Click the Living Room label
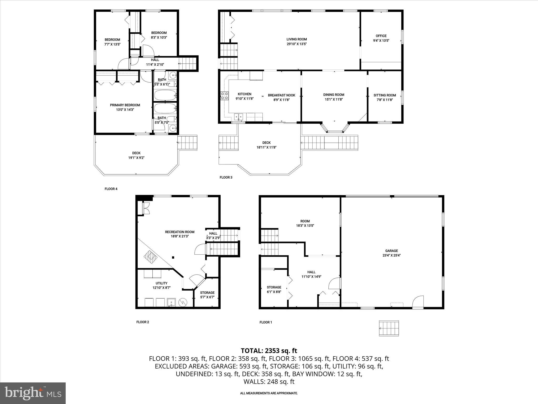pyautogui.click(x=297, y=39)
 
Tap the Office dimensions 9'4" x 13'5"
pyautogui.click(x=381, y=41)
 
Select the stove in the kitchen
pyautogui.click(x=224, y=96)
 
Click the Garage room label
pyautogui.click(x=391, y=251)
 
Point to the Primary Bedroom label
pyautogui.click(x=125, y=105)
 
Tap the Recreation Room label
pyautogui.click(x=180, y=232)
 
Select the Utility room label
pyautogui.click(x=161, y=283)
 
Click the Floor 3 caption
pyautogui.click(x=226, y=177)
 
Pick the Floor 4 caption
pyautogui.click(x=111, y=189)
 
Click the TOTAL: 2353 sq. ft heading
pyautogui.click(x=269, y=351)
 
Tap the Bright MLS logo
pyautogui.click(x=33, y=393)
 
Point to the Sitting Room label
pyautogui.click(x=385, y=95)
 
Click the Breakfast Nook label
pyautogui.click(x=281, y=95)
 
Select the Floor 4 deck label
pyautogui.click(x=136, y=153)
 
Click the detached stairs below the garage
pyautogui.click(x=389, y=328)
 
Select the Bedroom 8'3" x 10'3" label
pyautogui.click(x=159, y=33)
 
